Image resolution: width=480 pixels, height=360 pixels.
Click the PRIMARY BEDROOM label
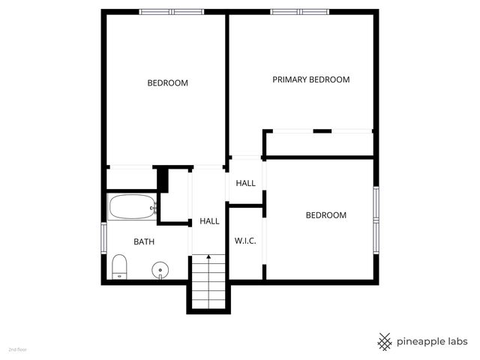coord(310,79)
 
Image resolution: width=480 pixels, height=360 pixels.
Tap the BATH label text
coord(144,241)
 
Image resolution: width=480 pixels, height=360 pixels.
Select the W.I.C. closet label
coord(245,241)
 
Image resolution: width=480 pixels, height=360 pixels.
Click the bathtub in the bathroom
coord(132,207)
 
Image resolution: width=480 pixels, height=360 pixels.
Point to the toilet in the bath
coord(119,267)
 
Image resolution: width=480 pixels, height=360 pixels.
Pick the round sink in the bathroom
coord(160,269)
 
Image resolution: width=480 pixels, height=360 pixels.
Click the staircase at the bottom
coord(208,283)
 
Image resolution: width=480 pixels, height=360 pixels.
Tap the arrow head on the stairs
coord(208,257)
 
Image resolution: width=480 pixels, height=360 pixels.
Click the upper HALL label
coord(245,183)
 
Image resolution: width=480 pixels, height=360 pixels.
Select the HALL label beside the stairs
coord(209,221)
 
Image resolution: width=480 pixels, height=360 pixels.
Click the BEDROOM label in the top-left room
coord(167,83)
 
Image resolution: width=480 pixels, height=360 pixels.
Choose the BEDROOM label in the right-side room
coord(326,215)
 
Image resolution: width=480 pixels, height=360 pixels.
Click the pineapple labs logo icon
coord(385,341)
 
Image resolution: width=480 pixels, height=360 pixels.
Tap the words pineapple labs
coord(433,341)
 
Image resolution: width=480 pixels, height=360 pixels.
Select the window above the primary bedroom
coord(299,11)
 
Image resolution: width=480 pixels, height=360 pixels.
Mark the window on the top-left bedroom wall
coord(171,11)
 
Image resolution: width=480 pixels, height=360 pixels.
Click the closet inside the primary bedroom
coord(318,144)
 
